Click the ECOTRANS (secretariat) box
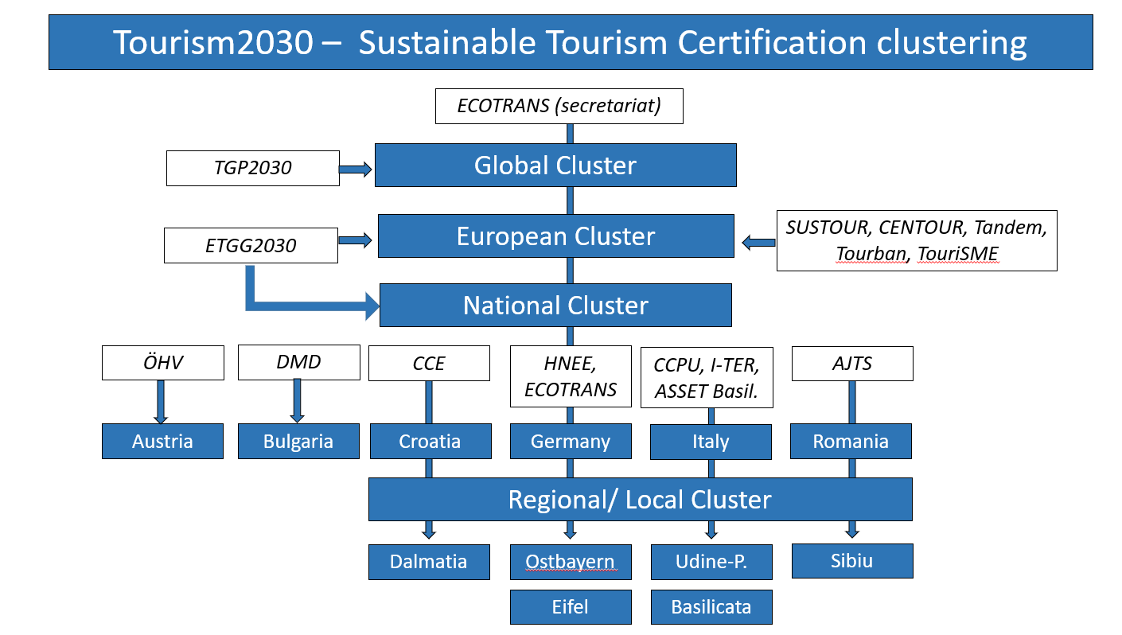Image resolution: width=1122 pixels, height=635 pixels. tap(559, 106)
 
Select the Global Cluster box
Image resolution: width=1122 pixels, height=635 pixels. tap(555, 166)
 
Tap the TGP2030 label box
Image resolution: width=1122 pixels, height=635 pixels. tap(253, 168)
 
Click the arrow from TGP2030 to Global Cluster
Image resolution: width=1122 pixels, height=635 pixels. tap(356, 169)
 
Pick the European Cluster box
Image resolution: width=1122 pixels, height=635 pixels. tap(556, 236)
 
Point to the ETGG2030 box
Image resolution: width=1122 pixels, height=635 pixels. tap(251, 245)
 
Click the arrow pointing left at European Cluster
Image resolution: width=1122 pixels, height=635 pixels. tap(758, 243)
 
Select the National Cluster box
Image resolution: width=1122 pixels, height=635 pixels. tap(555, 305)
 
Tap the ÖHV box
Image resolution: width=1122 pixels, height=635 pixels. tap(163, 363)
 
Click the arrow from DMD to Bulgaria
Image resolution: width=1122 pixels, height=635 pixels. tap(297, 401)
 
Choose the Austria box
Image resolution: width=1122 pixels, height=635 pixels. tap(163, 441)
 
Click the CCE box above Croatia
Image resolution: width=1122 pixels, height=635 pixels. tap(429, 363)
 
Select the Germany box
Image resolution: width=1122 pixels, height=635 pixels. tap(571, 441)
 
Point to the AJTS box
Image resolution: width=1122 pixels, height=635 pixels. tap(852, 364)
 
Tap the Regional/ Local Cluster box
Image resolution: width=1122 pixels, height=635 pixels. tap(640, 499)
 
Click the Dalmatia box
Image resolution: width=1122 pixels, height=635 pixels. tap(429, 562)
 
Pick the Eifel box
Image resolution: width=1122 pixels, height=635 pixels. tap(571, 607)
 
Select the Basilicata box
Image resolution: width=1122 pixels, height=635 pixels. tap(711, 607)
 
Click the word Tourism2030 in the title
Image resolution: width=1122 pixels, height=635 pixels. tap(213, 42)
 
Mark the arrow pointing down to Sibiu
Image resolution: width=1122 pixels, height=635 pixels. tap(852, 529)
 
